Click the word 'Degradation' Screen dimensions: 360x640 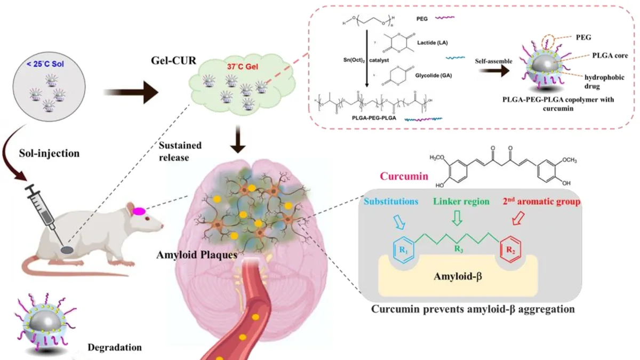click(x=114, y=348)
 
